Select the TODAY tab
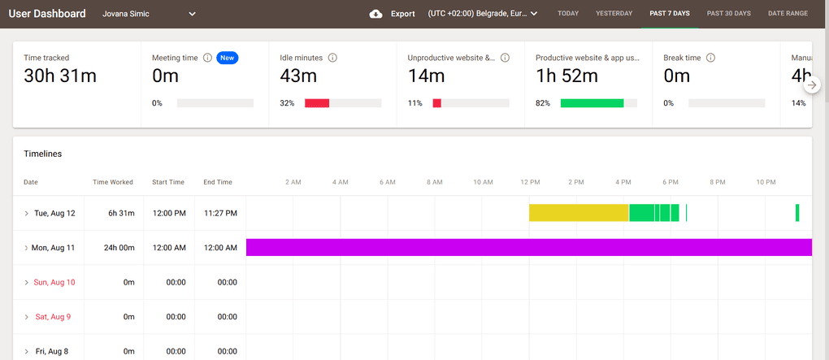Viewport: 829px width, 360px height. tap(568, 14)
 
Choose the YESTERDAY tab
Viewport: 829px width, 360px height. tap(614, 14)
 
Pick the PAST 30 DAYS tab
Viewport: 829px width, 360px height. tap(728, 14)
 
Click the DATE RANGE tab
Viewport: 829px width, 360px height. tap(788, 14)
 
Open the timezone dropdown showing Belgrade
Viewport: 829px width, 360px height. tap(483, 14)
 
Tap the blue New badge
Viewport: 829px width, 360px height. tap(228, 58)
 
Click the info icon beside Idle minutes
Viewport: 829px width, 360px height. tap(332, 58)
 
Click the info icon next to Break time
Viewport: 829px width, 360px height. tap(710, 58)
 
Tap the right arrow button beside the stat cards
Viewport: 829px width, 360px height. tap(811, 85)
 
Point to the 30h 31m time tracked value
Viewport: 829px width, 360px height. tap(60, 77)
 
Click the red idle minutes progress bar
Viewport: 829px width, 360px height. tap(317, 103)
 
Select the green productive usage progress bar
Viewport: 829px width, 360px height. tap(592, 103)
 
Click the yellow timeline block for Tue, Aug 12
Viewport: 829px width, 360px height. tap(579, 213)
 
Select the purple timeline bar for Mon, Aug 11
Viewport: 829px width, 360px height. tap(528, 247)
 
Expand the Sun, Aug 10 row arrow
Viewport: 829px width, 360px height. tap(27, 282)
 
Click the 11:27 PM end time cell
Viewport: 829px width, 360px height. tap(220, 213)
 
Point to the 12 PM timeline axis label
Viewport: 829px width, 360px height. tap(530, 182)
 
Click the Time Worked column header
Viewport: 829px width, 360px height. tap(113, 182)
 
